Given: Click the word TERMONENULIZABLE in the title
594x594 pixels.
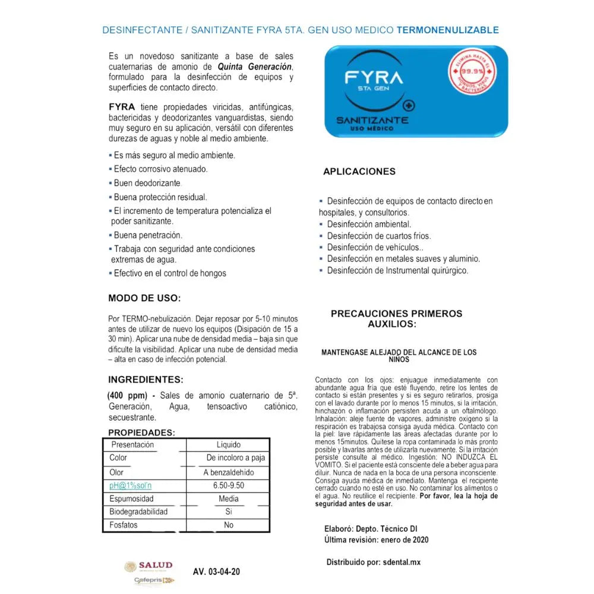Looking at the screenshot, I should coord(447,30).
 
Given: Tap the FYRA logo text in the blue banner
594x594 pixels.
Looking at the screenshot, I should coord(374,78).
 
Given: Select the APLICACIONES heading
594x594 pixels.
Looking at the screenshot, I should coord(359,172).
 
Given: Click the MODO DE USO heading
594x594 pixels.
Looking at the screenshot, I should coord(144,298).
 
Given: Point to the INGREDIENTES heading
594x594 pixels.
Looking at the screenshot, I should coord(146,380).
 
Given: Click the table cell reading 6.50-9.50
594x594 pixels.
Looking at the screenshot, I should coord(228,485).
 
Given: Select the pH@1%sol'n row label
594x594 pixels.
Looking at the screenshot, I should coord(130,485).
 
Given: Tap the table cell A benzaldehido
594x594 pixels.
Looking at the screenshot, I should coord(228,472).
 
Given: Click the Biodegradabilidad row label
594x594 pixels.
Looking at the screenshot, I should coord(138,511).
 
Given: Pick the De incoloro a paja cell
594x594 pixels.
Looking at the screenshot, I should coord(236,458).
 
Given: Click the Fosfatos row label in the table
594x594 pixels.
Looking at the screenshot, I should coord(123,525).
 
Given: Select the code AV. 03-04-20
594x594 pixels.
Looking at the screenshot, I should coord(217,572).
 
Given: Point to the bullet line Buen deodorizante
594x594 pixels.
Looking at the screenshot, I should coord(147,183).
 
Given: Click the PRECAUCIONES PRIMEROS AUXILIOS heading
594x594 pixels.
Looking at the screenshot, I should coord(396,318).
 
